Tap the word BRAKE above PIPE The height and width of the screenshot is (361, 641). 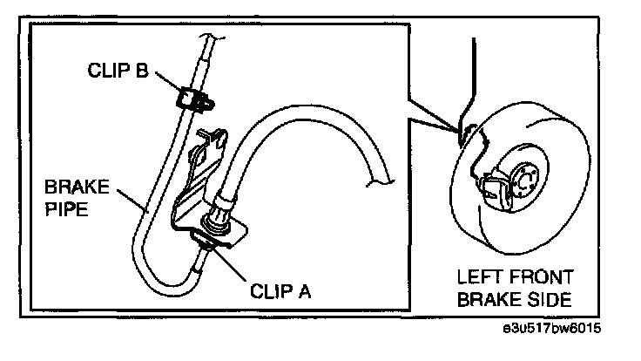coord(76,187)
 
